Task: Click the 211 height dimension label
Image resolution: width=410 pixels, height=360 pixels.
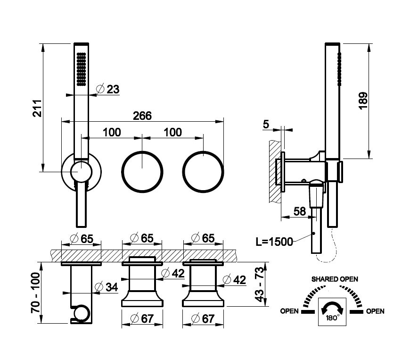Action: pyautogui.click(x=37, y=108)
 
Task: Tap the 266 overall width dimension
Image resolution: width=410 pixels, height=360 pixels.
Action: pyautogui.click(x=142, y=116)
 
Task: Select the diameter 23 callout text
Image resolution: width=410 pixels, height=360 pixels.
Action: pyautogui.click(x=108, y=89)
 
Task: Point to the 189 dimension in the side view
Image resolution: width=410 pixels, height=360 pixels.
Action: pyautogui.click(x=363, y=101)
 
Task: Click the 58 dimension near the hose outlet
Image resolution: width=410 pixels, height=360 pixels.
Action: pyautogui.click(x=300, y=211)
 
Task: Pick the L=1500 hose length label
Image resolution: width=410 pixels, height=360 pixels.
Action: pyautogui.click(x=274, y=242)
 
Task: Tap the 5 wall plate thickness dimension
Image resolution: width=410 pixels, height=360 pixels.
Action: pyautogui.click(x=266, y=124)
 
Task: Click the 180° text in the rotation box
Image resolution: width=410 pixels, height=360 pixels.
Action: pyautogui.click(x=332, y=318)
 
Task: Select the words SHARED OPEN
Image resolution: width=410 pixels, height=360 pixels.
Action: pyautogui.click(x=335, y=279)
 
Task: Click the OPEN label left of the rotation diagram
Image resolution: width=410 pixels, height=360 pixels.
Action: pyautogui.click(x=289, y=311)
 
